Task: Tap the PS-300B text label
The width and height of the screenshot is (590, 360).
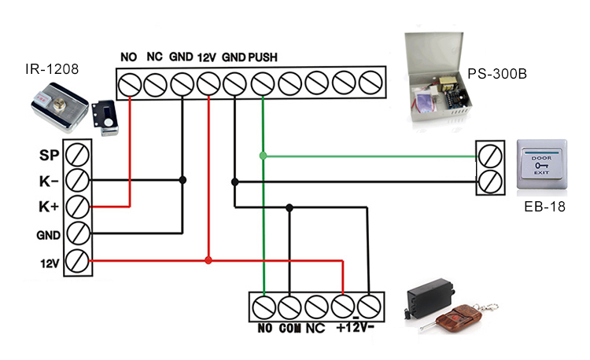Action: click(496, 75)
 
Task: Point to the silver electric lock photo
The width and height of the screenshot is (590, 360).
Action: click(59, 107)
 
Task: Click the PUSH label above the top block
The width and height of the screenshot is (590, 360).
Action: click(262, 57)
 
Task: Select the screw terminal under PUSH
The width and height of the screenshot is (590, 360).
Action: click(263, 83)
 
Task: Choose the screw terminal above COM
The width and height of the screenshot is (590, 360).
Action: click(289, 304)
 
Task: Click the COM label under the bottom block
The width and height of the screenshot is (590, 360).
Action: click(290, 328)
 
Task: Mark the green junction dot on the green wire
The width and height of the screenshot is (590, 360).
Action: click(263, 155)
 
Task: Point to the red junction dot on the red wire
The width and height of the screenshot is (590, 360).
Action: click(208, 260)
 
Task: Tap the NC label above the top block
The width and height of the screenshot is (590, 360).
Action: click(155, 57)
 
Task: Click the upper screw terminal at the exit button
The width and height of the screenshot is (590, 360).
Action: click(490, 154)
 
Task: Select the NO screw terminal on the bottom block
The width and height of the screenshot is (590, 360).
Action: click(263, 304)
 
